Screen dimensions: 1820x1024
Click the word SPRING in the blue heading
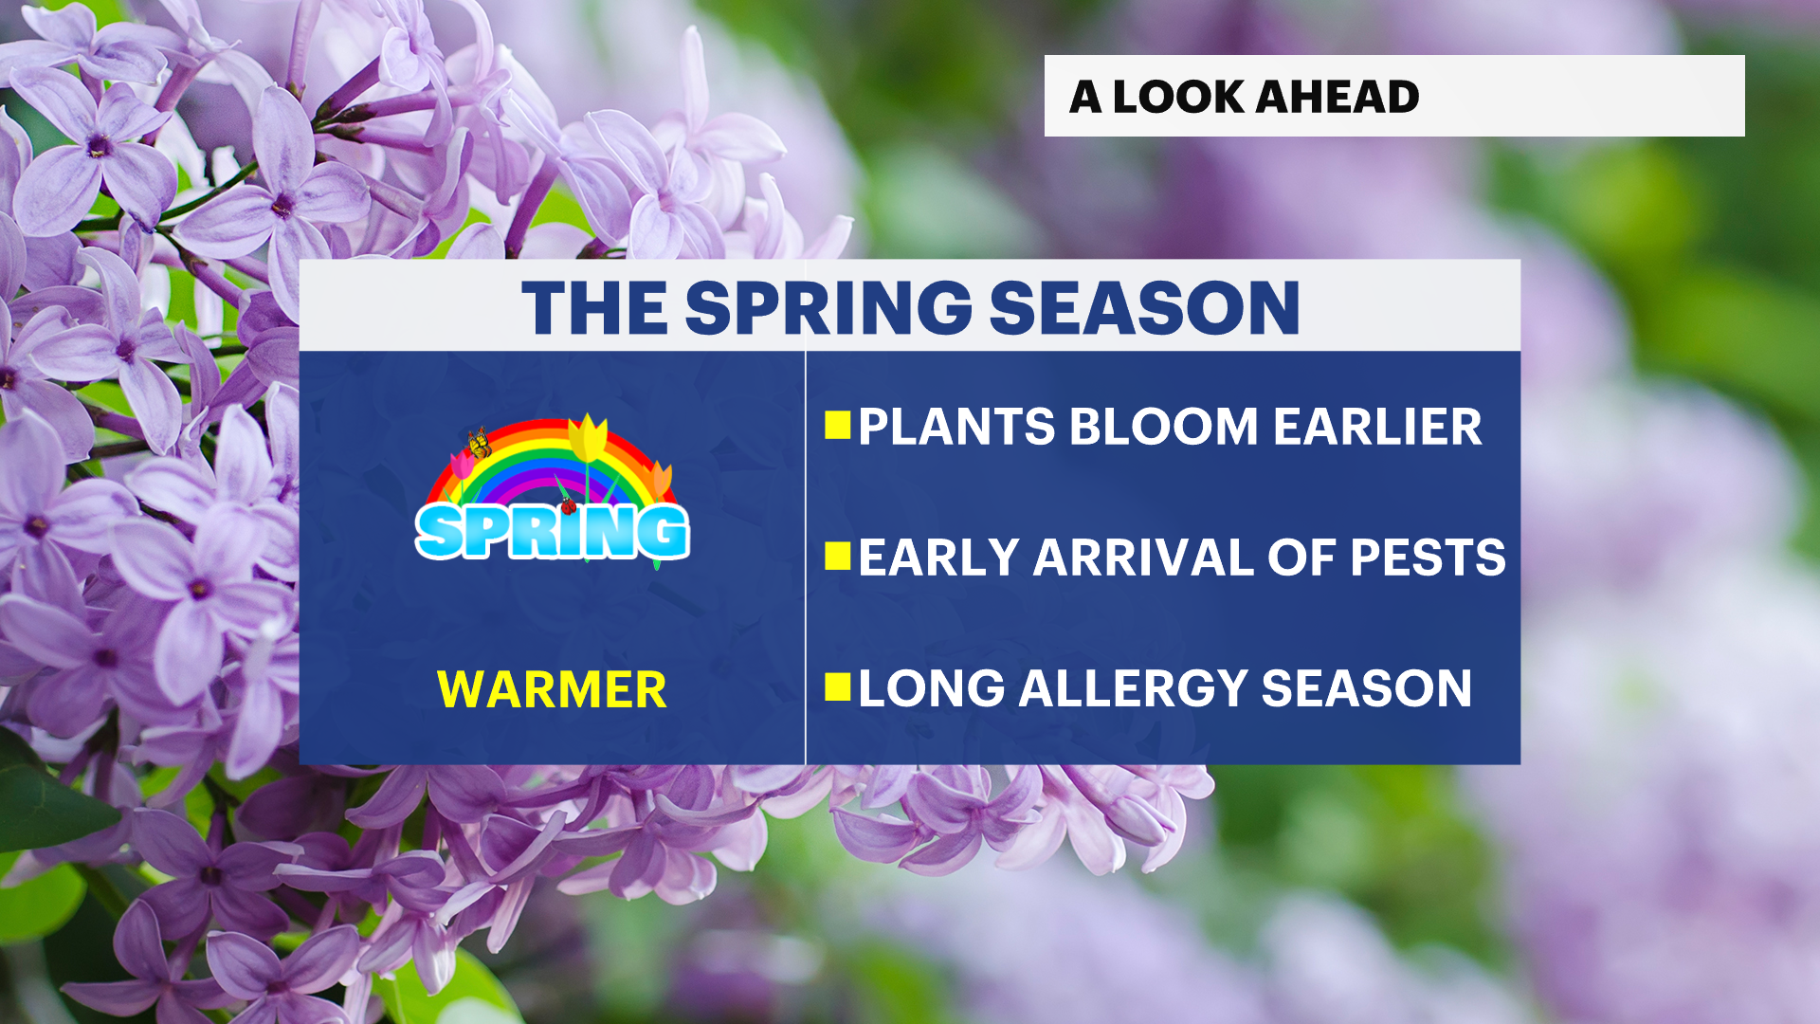click(x=828, y=308)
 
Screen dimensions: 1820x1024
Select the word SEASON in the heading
click(x=1144, y=308)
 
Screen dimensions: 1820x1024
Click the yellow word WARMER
click(x=552, y=689)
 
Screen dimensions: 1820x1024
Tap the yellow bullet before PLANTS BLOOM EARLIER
click(x=838, y=426)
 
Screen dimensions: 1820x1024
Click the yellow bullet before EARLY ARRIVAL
click(x=838, y=556)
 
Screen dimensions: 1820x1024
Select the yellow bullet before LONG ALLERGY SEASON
click(x=838, y=686)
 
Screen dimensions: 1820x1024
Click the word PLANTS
click(x=955, y=427)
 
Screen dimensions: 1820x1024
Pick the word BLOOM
click(x=1163, y=427)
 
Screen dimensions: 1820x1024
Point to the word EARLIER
click(x=1377, y=427)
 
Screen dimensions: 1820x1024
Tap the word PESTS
click(x=1428, y=558)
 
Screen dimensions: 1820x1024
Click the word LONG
click(x=931, y=688)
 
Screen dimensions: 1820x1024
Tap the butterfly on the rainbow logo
click(x=480, y=443)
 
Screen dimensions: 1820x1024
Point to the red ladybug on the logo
click(x=569, y=505)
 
